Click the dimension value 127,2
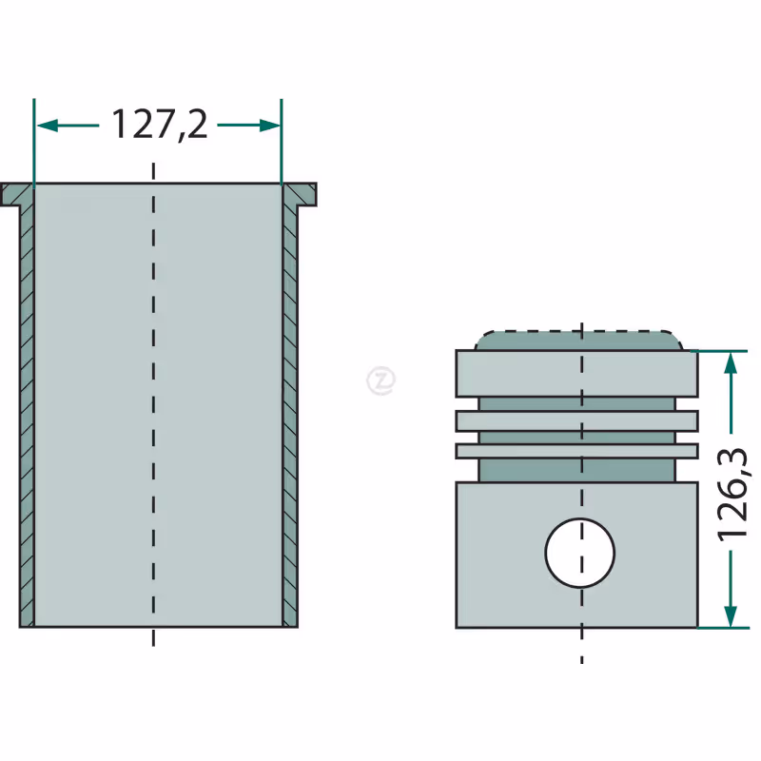point(160,125)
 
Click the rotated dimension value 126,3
point(732,493)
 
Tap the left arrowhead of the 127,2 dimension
point(48,126)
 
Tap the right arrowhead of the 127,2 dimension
point(270,126)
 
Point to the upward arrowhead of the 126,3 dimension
point(731,362)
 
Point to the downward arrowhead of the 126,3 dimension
point(731,615)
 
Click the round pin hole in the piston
point(580,553)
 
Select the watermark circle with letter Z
point(381,380)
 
